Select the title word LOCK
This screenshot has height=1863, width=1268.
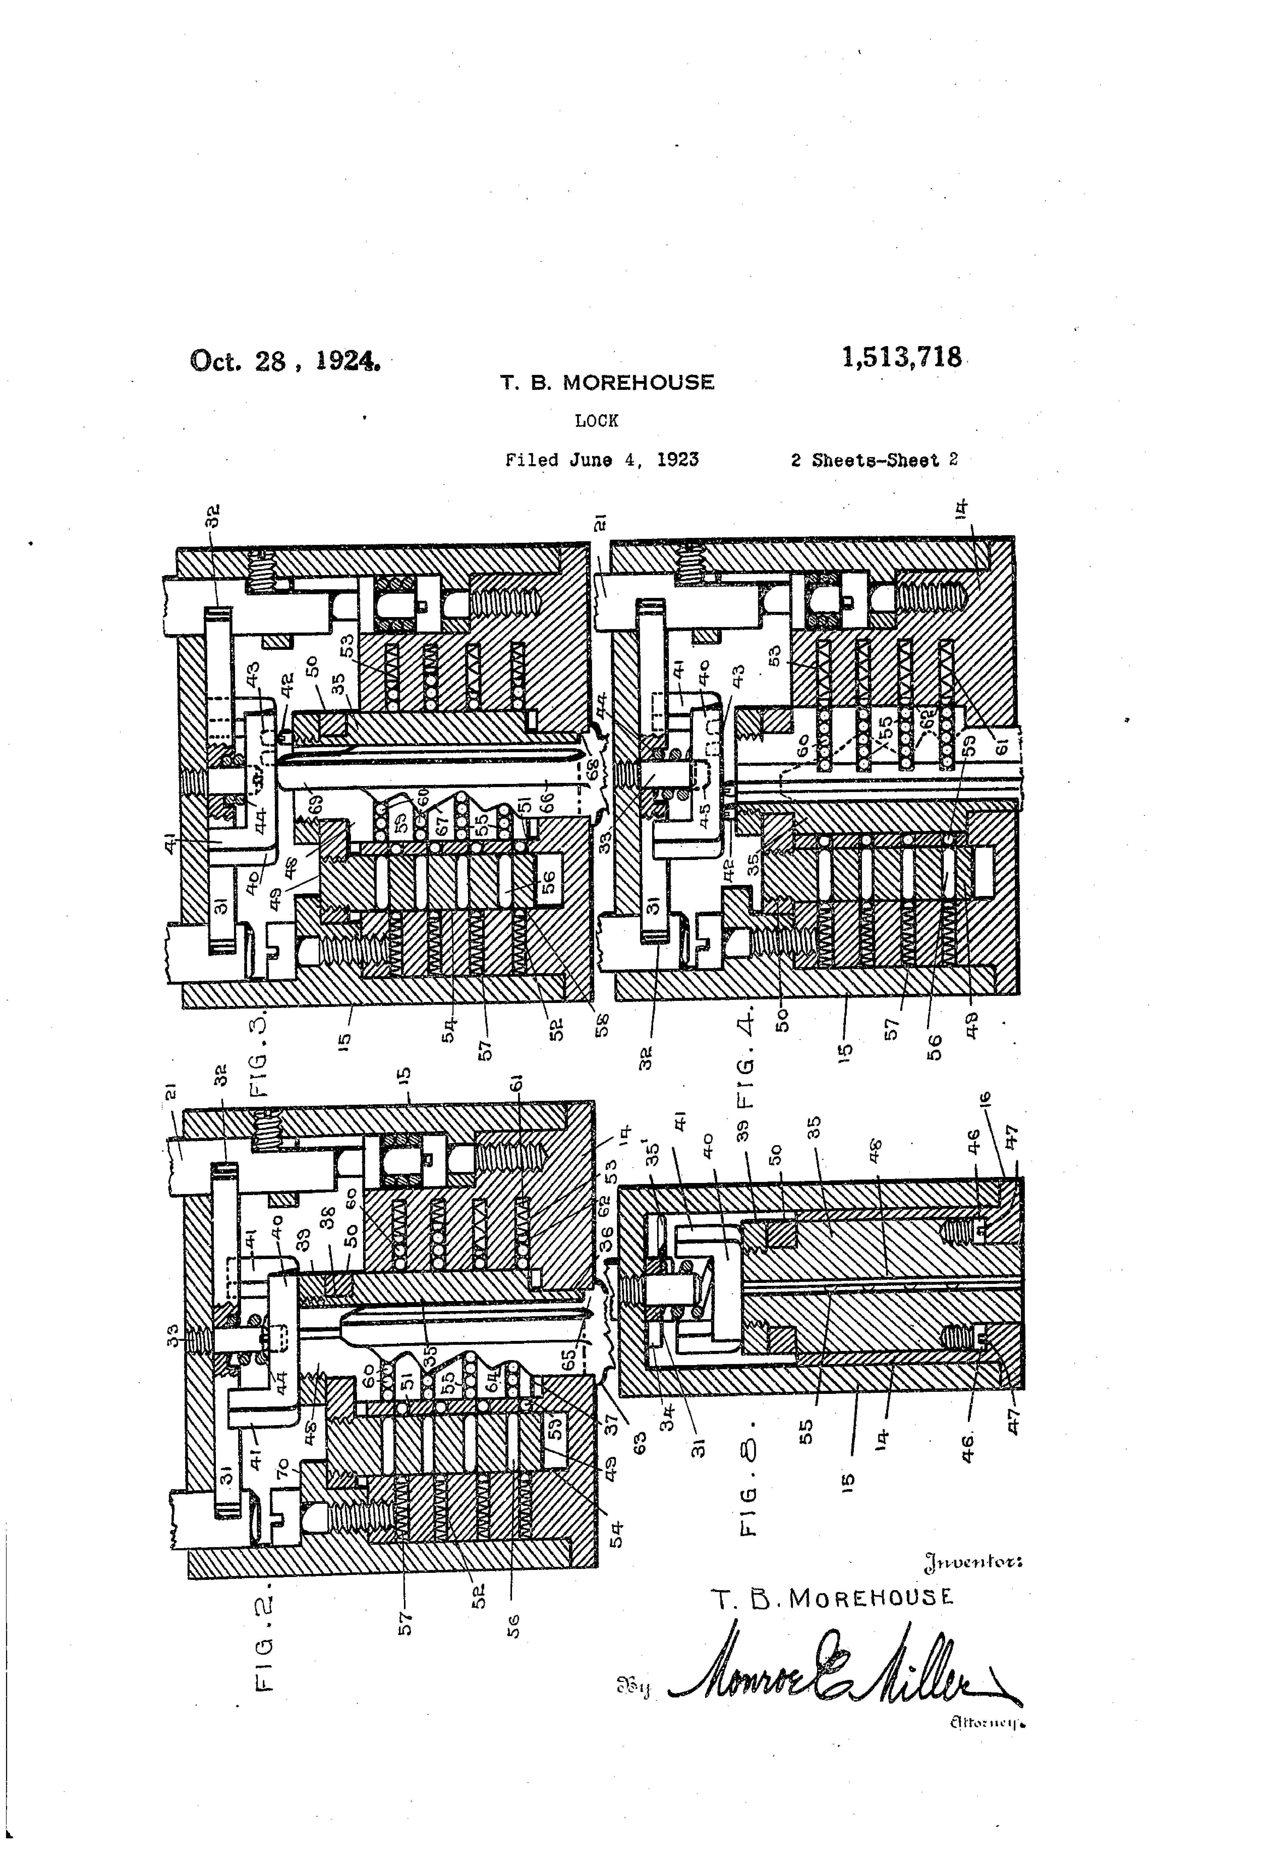click(x=596, y=420)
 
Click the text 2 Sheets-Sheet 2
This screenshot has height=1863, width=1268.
click(x=874, y=460)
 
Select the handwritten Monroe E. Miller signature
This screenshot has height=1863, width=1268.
click(x=841, y=1667)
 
